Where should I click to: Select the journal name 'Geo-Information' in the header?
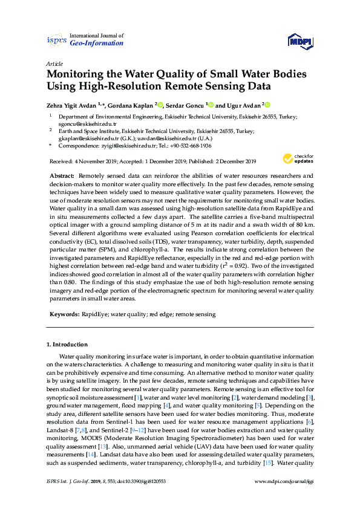[97, 44]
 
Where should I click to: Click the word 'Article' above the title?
[53, 63]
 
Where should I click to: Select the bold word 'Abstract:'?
[63, 174]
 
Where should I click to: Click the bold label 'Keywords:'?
[65, 315]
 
